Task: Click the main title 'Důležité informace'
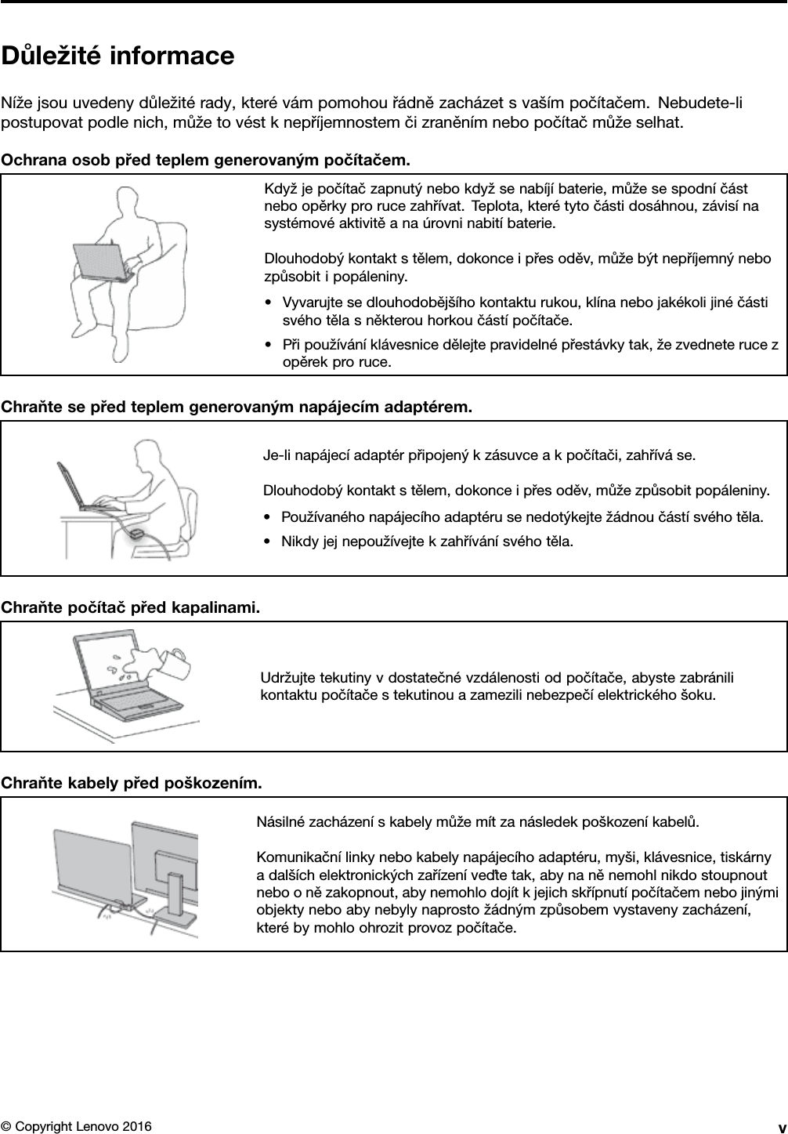click(x=117, y=56)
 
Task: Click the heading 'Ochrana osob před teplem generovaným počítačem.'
click(x=205, y=161)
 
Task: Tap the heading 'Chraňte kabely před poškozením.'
click(x=132, y=783)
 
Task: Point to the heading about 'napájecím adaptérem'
click(x=237, y=407)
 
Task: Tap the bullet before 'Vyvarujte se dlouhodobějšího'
click(x=269, y=303)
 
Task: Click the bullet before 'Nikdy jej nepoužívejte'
click(x=269, y=542)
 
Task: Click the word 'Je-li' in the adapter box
click(x=276, y=455)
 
